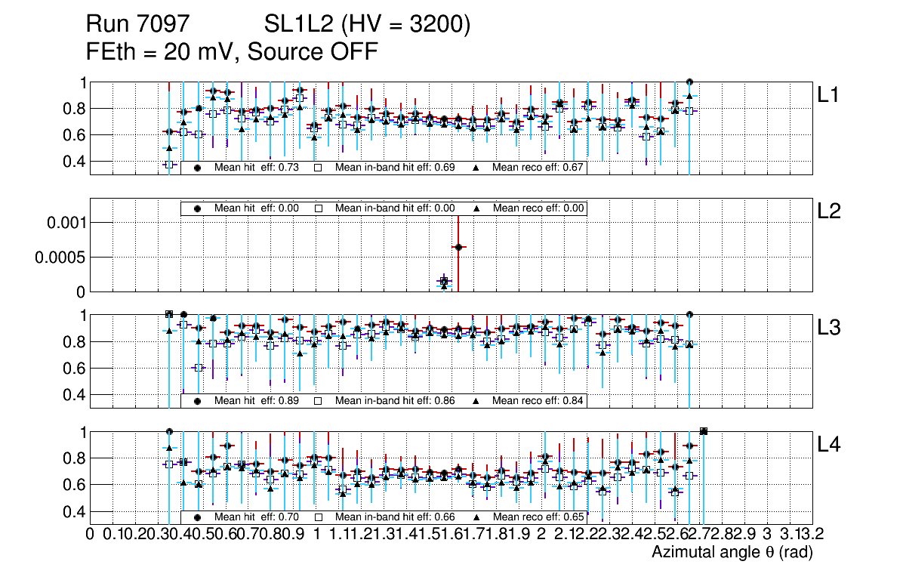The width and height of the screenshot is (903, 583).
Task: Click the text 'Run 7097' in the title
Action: (x=137, y=25)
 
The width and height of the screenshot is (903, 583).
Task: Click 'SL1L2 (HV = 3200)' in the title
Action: (x=367, y=25)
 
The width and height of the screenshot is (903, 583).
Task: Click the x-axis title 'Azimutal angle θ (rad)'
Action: (x=732, y=553)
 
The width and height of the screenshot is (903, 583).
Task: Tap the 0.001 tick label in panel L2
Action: (x=63, y=223)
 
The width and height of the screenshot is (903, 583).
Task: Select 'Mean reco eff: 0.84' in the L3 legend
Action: (x=538, y=401)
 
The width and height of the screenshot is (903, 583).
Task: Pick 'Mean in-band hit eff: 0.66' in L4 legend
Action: (x=395, y=517)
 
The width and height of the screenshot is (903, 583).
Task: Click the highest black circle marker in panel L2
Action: (x=458, y=247)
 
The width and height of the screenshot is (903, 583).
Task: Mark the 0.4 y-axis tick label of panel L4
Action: (x=74, y=511)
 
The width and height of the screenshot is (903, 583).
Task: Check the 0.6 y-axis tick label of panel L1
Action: (x=74, y=135)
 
